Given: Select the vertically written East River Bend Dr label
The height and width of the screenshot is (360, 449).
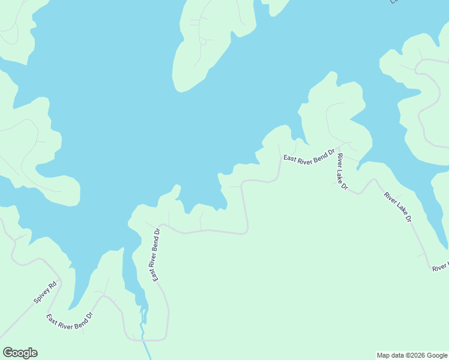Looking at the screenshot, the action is (155, 254).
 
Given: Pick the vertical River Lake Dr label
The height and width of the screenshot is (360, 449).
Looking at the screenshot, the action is (342, 172).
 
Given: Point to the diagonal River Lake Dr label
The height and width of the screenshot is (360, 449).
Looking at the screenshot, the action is (398, 208).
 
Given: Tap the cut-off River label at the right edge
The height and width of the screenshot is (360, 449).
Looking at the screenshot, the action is (441, 266).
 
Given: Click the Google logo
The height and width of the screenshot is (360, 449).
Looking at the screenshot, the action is (20, 353).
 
